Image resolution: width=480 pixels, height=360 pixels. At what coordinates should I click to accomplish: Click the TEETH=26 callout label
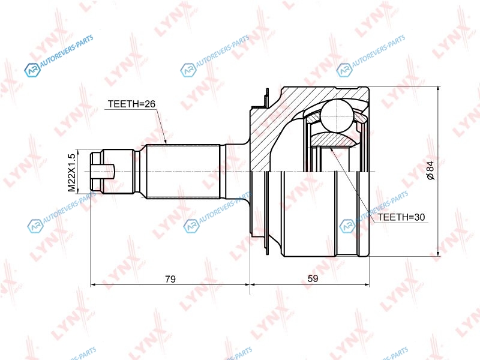point(131,104)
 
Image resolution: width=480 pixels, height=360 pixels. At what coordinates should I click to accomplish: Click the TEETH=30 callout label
point(401,217)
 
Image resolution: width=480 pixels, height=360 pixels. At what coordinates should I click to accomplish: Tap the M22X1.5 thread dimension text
point(71,173)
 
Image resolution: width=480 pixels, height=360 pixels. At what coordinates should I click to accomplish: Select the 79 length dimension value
point(170,279)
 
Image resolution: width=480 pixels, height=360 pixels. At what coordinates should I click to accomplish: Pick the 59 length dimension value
point(313,278)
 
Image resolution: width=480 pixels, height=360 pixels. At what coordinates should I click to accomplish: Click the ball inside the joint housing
point(337,116)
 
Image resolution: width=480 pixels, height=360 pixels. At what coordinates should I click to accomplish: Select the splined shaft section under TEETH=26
point(184,172)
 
